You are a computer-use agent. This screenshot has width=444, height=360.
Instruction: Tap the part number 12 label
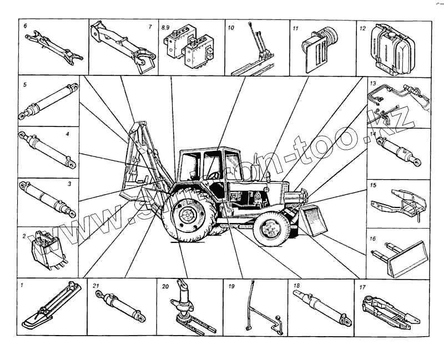[362, 26]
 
